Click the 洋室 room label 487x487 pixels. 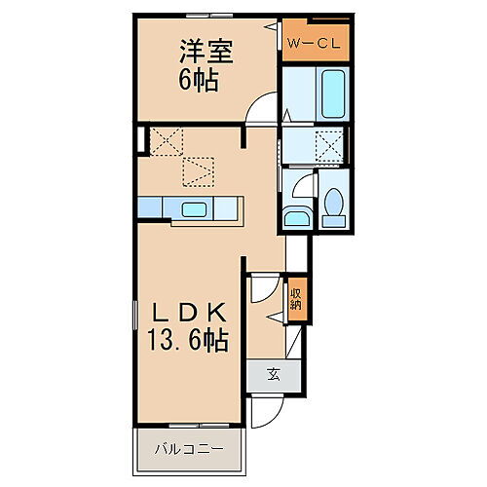[x=205, y=50]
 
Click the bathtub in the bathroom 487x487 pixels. [x=333, y=94]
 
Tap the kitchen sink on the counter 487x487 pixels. [x=192, y=207]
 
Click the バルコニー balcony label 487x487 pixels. [x=192, y=450]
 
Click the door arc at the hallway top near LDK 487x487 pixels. [x=261, y=289]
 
